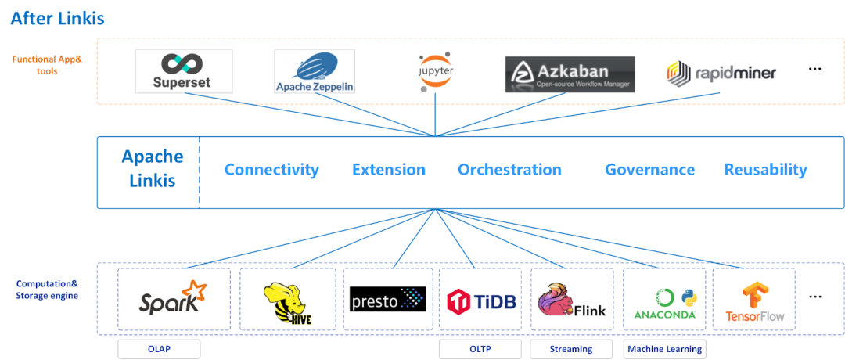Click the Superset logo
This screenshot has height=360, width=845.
184,71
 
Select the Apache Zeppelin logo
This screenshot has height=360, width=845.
315,72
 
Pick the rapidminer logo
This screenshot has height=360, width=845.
721,74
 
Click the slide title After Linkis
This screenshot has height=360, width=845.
57,18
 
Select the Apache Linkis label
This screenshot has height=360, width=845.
152,168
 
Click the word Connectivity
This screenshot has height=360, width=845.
271,170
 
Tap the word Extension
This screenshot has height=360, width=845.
388,170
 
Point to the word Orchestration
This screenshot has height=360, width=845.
509,170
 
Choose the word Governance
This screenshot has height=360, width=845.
649,170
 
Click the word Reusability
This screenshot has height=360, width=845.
765,170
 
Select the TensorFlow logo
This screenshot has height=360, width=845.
753,301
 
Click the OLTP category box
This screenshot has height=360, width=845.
480,349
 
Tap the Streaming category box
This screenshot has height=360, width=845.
572,349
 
